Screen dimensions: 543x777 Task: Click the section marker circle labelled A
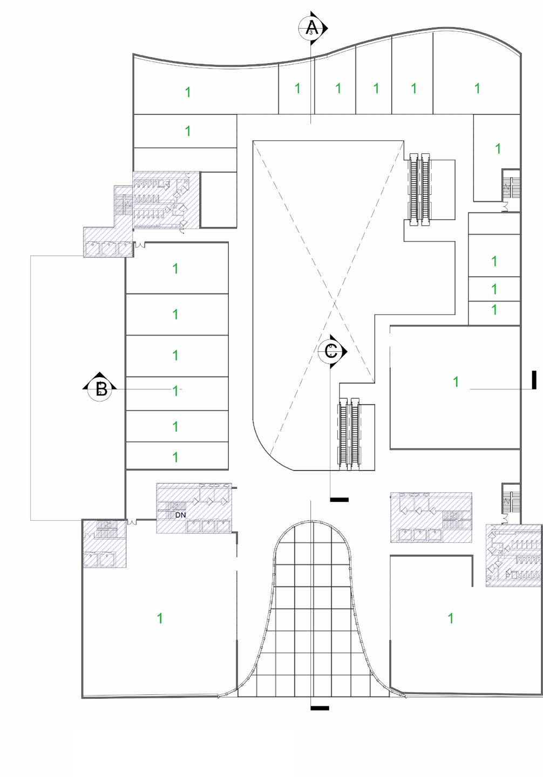point(311,28)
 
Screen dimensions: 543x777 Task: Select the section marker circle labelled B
point(101,388)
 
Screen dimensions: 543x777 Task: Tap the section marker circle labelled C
point(331,352)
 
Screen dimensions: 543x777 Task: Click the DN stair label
point(180,515)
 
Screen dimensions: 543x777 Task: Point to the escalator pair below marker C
point(349,432)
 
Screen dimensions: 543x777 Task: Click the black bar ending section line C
point(339,500)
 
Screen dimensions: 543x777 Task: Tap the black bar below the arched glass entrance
point(320,708)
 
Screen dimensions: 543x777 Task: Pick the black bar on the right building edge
point(534,380)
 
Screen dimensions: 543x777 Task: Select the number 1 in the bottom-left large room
point(160,618)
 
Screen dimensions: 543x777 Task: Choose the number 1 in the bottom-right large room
point(451,618)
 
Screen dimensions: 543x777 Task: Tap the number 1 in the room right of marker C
point(456,381)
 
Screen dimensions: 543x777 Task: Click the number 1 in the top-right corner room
point(477,87)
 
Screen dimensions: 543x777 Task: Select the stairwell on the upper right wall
point(510,186)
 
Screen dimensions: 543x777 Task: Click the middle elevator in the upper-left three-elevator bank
point(110,249)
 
